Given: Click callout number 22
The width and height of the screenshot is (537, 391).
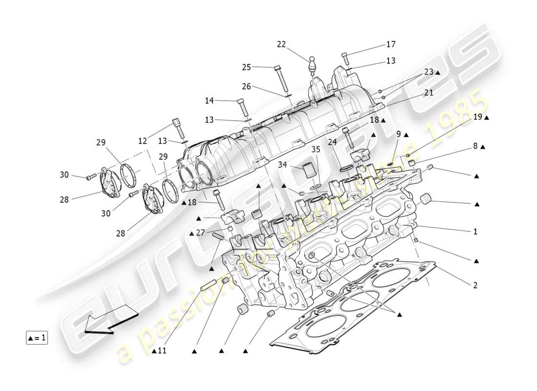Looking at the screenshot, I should [281, 44].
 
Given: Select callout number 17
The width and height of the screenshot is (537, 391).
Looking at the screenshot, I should [391, 44].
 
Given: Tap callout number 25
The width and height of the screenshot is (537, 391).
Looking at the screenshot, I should [247, 67].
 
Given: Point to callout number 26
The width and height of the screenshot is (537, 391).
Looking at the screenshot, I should [247, 87].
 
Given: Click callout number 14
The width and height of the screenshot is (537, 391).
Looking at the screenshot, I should [209, 101].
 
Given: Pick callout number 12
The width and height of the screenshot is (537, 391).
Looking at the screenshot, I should [143, 141].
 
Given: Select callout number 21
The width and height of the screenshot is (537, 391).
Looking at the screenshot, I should [429, 92].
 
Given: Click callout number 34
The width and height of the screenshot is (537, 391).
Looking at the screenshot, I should [283, 165].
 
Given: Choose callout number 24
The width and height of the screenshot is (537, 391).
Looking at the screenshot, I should [332, 142].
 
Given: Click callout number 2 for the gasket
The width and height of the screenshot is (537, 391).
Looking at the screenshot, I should [475, 285].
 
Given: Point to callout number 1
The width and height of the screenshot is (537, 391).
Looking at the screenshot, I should [475, 232].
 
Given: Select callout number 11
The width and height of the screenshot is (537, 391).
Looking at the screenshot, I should [162, 351].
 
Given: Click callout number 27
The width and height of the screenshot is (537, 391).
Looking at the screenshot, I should [201, 233].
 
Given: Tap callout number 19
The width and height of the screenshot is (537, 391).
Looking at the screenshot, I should [477, 117].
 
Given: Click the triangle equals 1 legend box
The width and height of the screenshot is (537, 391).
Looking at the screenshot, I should [37, 337].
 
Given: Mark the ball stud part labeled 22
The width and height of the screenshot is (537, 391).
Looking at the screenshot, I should [311, 64].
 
